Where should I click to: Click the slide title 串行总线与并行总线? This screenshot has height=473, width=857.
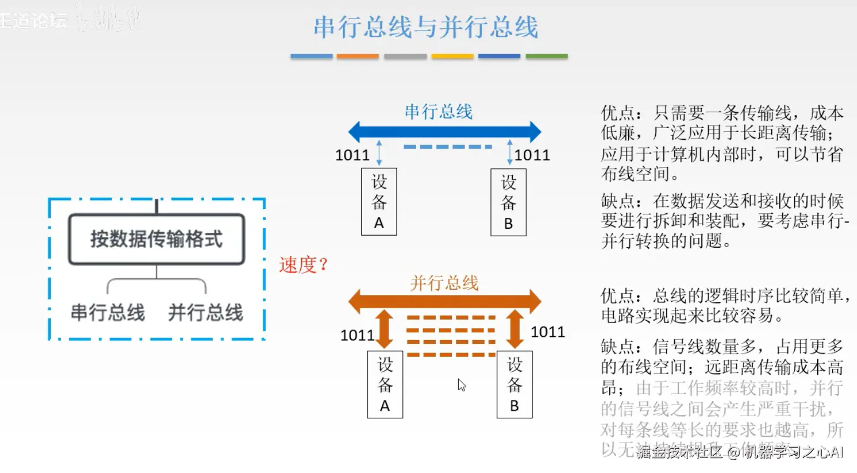point(426,27)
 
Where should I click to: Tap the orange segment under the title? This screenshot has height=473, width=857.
point(357,56)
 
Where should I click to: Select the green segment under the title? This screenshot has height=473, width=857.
point(546,56)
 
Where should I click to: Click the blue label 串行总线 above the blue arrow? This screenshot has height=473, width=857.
point(438,111)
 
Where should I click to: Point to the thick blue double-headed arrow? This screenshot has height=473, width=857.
point(445,132)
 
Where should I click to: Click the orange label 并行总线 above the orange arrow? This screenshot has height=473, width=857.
point(444,283)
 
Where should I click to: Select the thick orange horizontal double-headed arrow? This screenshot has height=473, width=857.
point(445,301)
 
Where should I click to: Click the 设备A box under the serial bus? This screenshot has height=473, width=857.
point(379,202)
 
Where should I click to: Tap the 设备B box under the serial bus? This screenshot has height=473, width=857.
point(508,202)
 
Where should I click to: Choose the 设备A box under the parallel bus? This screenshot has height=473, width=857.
point(385,384)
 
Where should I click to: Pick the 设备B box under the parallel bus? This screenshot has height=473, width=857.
point(514,384)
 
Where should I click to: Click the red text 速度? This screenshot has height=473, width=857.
point(303,265)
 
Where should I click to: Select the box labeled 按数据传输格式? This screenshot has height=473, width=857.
point(156,239)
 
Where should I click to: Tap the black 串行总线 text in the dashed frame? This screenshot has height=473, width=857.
point(108,313)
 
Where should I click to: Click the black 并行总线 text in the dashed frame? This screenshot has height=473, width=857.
point(205,313)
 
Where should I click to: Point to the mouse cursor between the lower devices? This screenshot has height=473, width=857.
point(461,385)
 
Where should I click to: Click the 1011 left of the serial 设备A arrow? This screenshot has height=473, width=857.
point(352,155)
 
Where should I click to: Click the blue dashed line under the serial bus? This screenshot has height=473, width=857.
point(447,147)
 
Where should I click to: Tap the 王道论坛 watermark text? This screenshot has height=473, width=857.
point(33,21)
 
